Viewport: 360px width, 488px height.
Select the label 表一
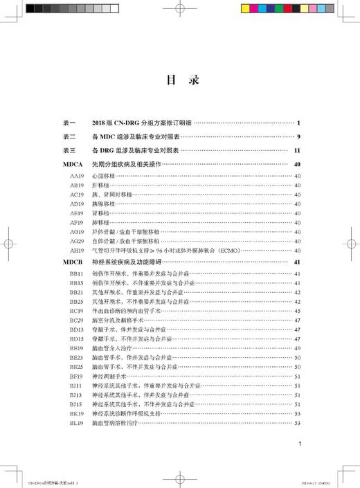click(x=69, y=123)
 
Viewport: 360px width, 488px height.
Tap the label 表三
click(x=69, y=150)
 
